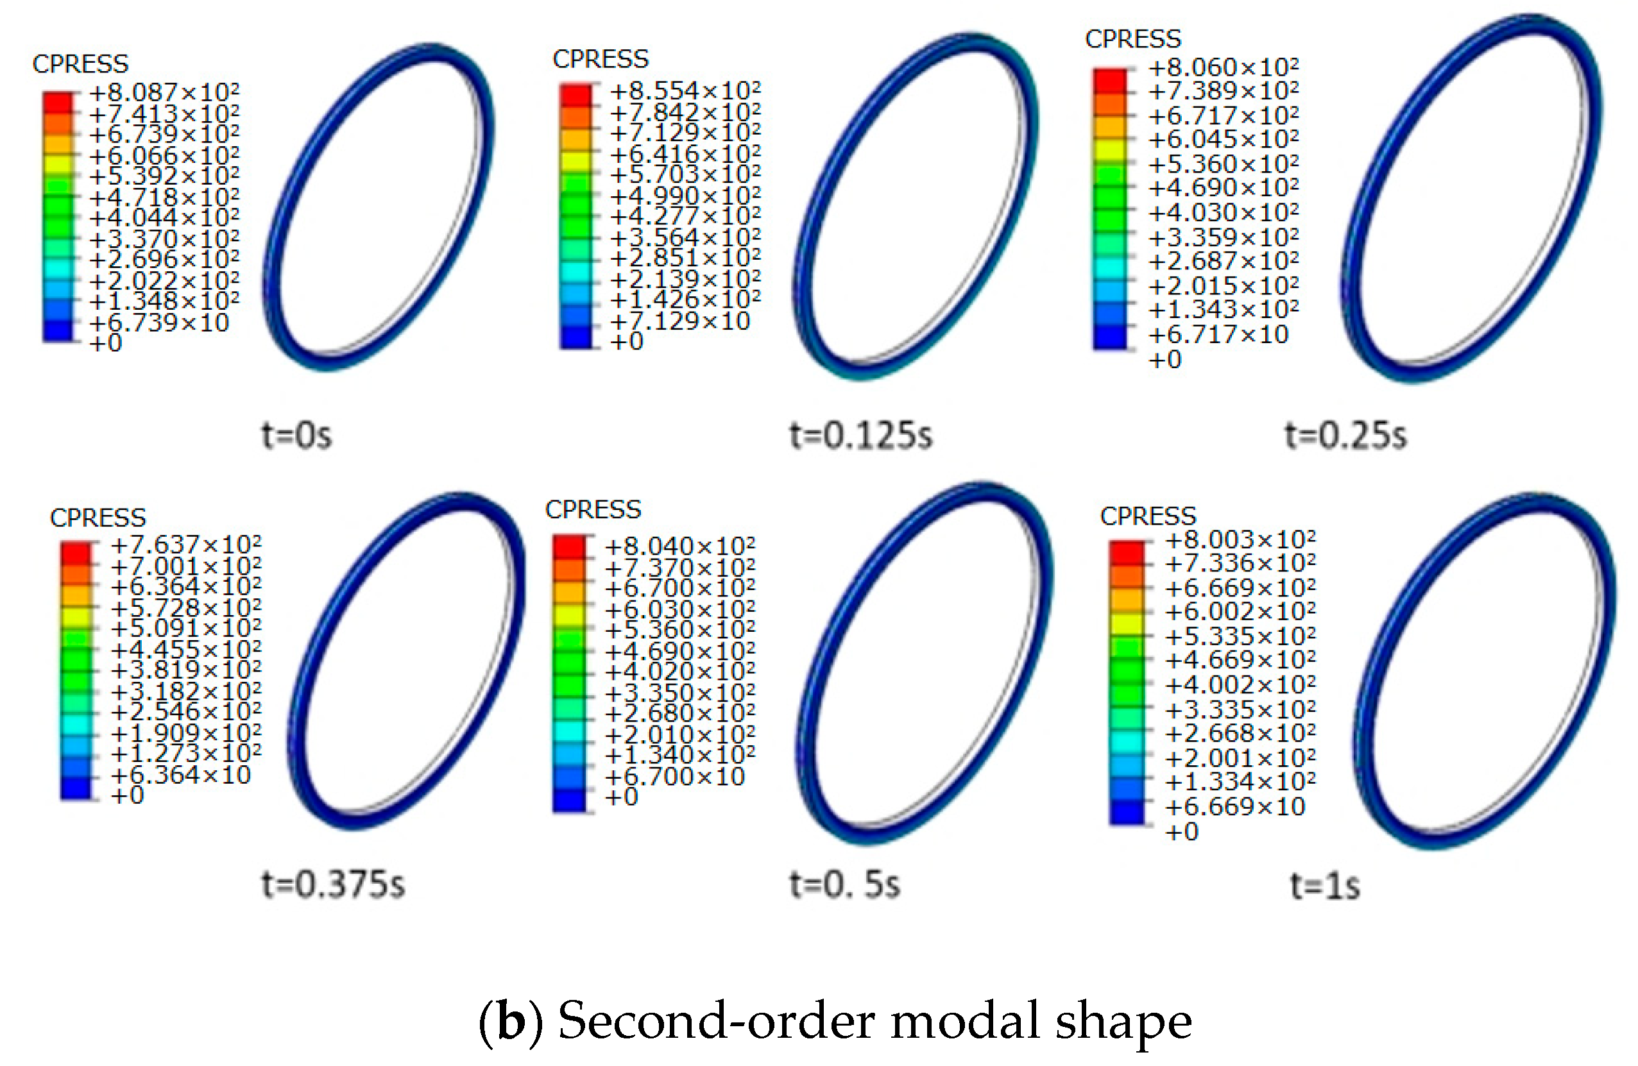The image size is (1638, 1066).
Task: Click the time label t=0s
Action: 296,436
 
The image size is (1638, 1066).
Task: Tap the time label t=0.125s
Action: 860,436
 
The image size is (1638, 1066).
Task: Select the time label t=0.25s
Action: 1345,436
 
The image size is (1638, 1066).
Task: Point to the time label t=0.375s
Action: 333,884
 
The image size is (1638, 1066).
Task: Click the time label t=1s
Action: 1325,886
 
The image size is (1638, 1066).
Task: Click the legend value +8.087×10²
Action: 164,92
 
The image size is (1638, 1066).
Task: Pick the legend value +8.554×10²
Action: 685,91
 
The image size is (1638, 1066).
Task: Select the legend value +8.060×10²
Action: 1223,67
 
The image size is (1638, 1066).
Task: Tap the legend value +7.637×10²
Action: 186,545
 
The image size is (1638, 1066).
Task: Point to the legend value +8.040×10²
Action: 679,546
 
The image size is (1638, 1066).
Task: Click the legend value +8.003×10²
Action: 1240,539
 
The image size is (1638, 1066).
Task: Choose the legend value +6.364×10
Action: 180,775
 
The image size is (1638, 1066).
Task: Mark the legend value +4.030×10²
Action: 1223,212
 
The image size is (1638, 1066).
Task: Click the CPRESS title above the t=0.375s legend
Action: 98,518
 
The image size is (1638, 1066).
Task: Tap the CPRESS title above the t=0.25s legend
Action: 1133,39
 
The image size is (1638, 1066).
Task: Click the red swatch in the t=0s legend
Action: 58,103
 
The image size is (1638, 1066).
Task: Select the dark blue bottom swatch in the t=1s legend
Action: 1127,811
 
